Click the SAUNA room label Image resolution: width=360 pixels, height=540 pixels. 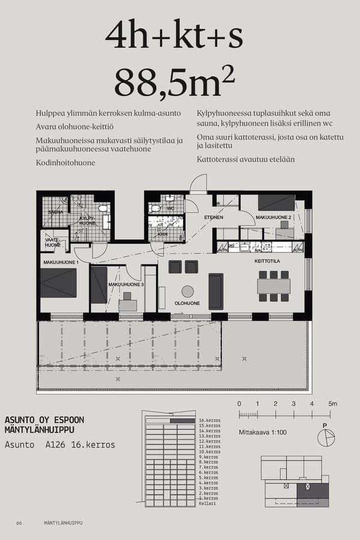point(56,212)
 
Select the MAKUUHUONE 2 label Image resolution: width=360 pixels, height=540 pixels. point(273,217)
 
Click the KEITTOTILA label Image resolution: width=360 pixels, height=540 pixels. point(267,262)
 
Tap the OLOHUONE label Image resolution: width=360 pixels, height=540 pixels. point(187,304)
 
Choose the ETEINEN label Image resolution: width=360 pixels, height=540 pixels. point(214,218)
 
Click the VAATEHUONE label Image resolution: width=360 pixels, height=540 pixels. point(52,242)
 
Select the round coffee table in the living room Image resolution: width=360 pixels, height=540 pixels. point(188,291)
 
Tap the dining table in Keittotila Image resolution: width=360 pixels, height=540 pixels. point(274,286)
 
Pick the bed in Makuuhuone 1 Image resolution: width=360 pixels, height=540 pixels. point(58,283)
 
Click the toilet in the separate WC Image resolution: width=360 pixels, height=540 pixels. point(156,208)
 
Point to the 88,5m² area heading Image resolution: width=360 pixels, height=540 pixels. point(174,83)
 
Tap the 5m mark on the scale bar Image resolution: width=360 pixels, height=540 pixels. point(332,404)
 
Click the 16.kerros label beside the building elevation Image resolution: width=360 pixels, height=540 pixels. point(209,421)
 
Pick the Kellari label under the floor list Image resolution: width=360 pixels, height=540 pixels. point(206,504)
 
